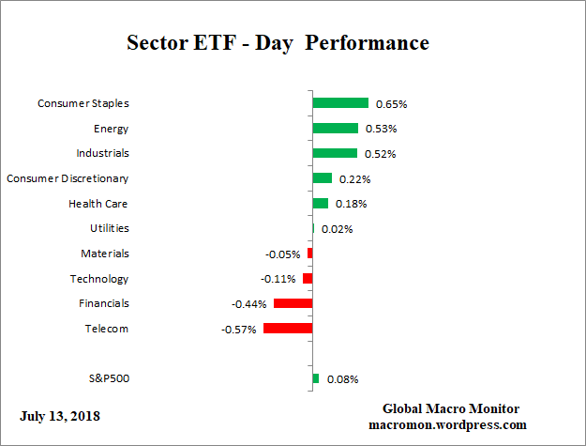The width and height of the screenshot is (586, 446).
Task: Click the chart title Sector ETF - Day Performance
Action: (278, 43)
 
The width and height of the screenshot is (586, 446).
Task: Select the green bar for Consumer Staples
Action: (340, 103)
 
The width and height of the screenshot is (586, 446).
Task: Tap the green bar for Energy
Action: (335, 129)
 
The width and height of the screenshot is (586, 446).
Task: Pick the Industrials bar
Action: (335, 153)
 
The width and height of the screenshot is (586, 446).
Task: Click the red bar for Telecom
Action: (288, 329)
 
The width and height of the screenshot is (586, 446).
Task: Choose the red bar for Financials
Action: (293, 303)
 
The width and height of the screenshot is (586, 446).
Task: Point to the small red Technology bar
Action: (308, 279)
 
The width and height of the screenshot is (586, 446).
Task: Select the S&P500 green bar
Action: (315, 378)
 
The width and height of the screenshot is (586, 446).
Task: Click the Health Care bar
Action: (320, 203)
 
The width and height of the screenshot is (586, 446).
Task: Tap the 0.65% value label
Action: (391, 104)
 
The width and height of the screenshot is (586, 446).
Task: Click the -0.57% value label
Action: (238, 330)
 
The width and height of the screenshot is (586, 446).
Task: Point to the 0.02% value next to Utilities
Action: (337, 229)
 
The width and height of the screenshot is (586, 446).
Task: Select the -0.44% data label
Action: (249, 304)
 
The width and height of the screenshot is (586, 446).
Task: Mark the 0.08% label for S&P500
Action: (342, 379)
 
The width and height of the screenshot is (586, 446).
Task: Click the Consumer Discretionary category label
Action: (68, 178)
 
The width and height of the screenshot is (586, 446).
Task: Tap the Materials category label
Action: (105, 254)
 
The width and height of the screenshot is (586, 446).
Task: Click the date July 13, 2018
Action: (60, 415)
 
